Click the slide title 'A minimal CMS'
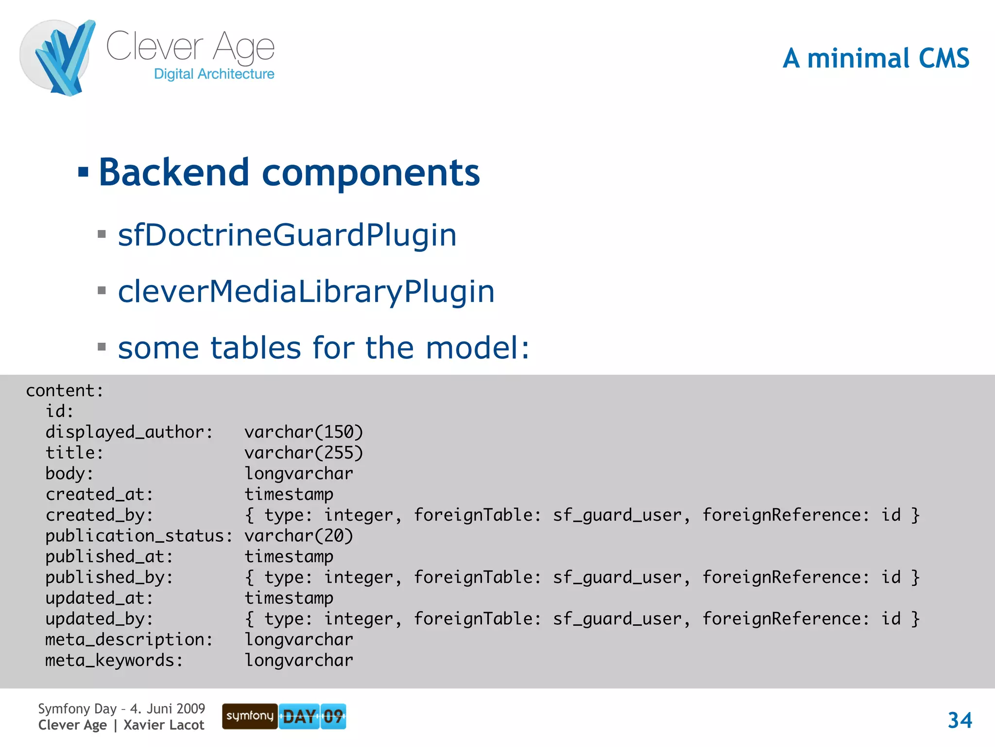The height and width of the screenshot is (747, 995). point(875,58)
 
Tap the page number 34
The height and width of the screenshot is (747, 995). point(960,720)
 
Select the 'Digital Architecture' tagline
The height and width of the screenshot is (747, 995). point(214,74)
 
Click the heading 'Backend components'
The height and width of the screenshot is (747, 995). point(289,173)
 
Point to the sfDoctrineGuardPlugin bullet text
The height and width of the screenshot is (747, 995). point(287,235)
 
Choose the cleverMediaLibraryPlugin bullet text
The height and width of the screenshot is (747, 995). point(306,291)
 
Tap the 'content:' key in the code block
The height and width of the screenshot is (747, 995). point(65,391)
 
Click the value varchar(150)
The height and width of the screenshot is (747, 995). point(304,432)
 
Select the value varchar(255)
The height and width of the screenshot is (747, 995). point(304,453)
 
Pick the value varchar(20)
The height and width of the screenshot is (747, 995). point(299,536)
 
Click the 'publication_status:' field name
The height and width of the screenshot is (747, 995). point(139,536)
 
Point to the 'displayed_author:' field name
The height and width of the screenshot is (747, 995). point(129,432)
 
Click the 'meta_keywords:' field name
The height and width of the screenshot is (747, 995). point(114,660)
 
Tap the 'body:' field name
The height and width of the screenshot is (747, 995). point(69,474)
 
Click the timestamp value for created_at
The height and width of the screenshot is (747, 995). point(289,495)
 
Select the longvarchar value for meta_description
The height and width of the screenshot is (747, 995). point(299,640)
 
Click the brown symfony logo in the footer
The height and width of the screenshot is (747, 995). point(250,716)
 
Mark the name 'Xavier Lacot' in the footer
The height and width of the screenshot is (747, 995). point(164,725)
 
